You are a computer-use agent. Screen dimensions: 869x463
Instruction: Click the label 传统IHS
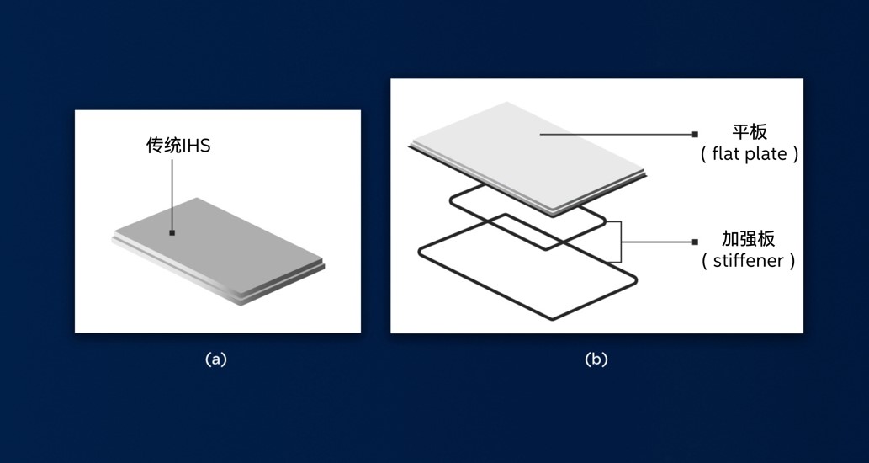(x=178, y=146)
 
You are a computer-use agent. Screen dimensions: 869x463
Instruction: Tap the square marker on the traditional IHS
(x=172, y=233)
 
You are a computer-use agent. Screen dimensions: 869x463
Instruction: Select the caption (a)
(x=216, y=359)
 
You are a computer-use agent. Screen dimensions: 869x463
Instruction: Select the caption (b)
(x=596, y=359)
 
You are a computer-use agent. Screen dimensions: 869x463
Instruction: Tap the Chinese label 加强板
(x=748, y=239)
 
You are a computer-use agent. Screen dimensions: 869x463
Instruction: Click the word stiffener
(x=748, y=260)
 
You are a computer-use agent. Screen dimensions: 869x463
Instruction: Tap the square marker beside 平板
(x=695, y=134)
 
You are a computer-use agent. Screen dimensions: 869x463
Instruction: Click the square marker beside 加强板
(x=695, y=242)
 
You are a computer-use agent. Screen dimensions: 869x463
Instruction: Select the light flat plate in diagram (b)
(x=527, y=158)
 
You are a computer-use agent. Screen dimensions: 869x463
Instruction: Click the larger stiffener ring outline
(x=527, y=267)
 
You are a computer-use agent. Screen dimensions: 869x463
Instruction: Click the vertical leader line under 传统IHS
(x=172, y=194)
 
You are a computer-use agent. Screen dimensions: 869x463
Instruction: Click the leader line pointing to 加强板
(x=657, y=242)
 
